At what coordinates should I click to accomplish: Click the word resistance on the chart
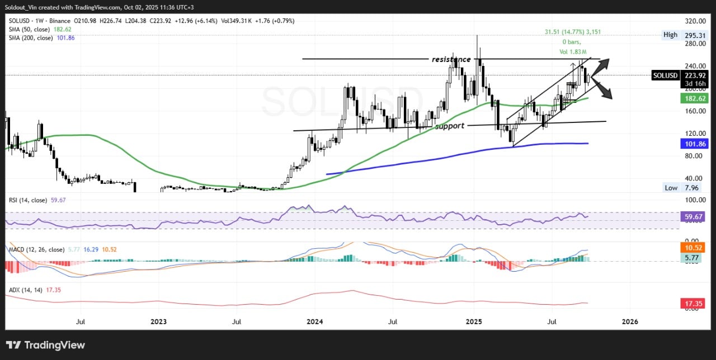click(x=451, y=59)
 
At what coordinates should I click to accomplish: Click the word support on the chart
click(x=450, y=126)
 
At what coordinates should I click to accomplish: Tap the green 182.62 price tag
click(x=694, y=98)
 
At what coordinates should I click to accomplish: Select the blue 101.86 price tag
click(x=694, y=144)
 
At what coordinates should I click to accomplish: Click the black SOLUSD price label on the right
click(x=665, y=75)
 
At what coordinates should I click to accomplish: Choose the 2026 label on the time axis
click(x=630, y=321)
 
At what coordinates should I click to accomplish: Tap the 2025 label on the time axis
click(x=474, y=321)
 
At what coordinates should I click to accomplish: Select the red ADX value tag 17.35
click(x=694, y=304)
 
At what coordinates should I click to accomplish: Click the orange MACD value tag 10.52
click(x=694, y=247)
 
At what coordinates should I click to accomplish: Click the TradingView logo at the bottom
click(x=45, y=345)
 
